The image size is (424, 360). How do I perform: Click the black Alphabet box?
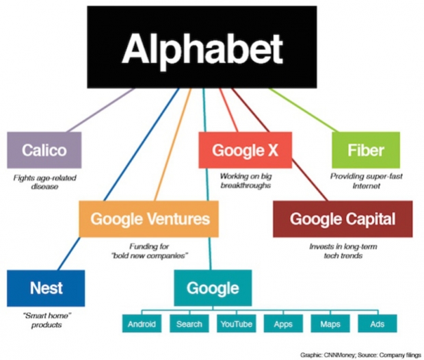tap(202, 47)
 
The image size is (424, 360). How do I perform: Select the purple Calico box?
tap(44, 150)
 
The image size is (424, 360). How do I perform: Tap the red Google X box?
tap(246, 150)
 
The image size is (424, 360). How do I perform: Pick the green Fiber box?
tap(366, 150)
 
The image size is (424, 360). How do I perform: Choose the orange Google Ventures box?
tap(148, 219)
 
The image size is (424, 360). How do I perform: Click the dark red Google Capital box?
tap(343, 219)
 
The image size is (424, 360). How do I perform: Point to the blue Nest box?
tap(46, 288)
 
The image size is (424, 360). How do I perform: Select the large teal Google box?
tap(213, 288)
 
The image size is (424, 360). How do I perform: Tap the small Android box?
tap(142, 324)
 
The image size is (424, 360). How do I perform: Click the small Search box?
tap(189, 324)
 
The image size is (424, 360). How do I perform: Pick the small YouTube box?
tap(236, 324)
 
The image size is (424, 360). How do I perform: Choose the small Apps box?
tap(283, 324)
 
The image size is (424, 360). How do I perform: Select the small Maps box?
tap(330, 324)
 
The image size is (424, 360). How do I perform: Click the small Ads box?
tap(377, 324)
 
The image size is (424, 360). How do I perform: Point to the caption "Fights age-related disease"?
tap(44, 182)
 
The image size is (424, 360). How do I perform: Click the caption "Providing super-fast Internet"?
tap(366, 181)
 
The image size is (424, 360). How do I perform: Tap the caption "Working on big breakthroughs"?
tap(246, 181)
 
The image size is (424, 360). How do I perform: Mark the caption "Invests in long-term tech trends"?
tap(343, 251)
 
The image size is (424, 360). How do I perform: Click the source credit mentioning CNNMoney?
tap(360, 355)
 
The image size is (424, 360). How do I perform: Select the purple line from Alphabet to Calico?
tap(100, 110)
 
